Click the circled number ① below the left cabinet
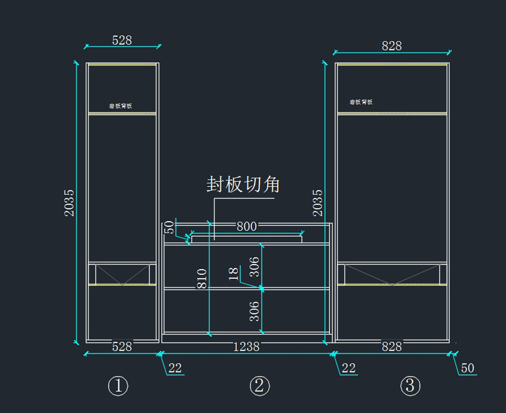[x=118, y=386]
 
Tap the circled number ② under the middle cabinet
[x=259, y=386]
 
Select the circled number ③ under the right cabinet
[x=410, y=386]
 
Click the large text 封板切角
[x=243, y=185]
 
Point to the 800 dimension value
[x=247, y=227]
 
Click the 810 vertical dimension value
[x=202, y=279]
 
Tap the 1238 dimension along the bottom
[x=246, y=347]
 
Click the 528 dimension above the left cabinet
[x=122, y=40]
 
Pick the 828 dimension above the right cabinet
[x=392, y=46]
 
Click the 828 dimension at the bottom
[x=392, y=347]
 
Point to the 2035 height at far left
[x=69, y=203]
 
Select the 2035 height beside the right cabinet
[x=318, y=203]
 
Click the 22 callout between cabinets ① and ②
[x=175, y=368]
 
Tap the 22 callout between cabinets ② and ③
[x=348, y=368]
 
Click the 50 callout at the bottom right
[x=467, y=368]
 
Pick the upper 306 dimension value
[x=255, y=267]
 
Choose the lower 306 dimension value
[x=255, y=311]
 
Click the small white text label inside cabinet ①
[x=121, y=106]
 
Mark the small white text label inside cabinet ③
[x=361, y=102]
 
